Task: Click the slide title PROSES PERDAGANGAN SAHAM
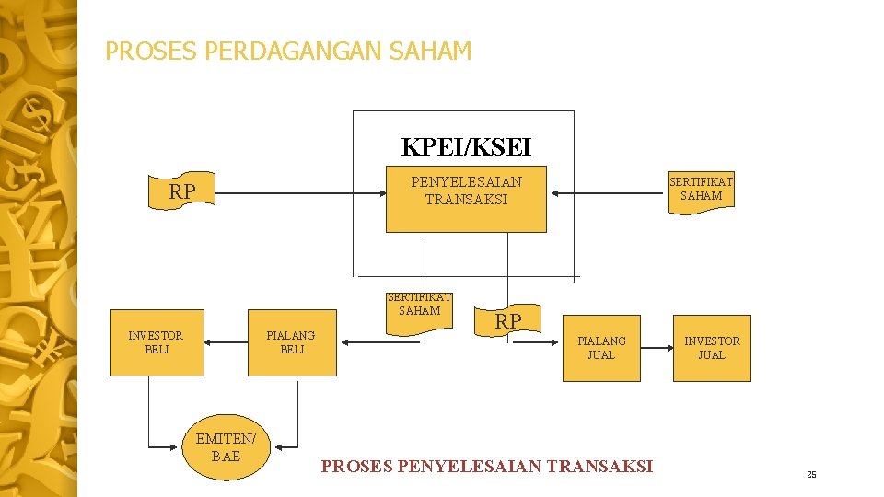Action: (x=288, y=51)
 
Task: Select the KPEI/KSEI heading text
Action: (x=466, y=146)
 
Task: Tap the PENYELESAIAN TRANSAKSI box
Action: (x=466, y=199)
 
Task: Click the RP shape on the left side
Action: (x=181, y=191)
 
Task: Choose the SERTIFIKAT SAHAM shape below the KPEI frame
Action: (x=419, y=309)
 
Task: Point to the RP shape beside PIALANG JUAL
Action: (x=508, y=321)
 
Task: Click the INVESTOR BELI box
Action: (x=157, y=342)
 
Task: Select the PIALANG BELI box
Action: (x=291, y=342)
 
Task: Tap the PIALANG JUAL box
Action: (x=601, y=347)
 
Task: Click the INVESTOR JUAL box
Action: (x=712, y=347)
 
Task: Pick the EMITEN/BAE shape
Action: (x=226, y=449)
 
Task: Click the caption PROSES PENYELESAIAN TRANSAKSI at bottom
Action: (x=486, y=467)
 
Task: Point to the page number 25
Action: (x=811, y=475)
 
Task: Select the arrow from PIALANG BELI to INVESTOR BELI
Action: (x=226, y=342)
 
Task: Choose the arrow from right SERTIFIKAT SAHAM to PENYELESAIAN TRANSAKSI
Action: (x=608, y=194)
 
